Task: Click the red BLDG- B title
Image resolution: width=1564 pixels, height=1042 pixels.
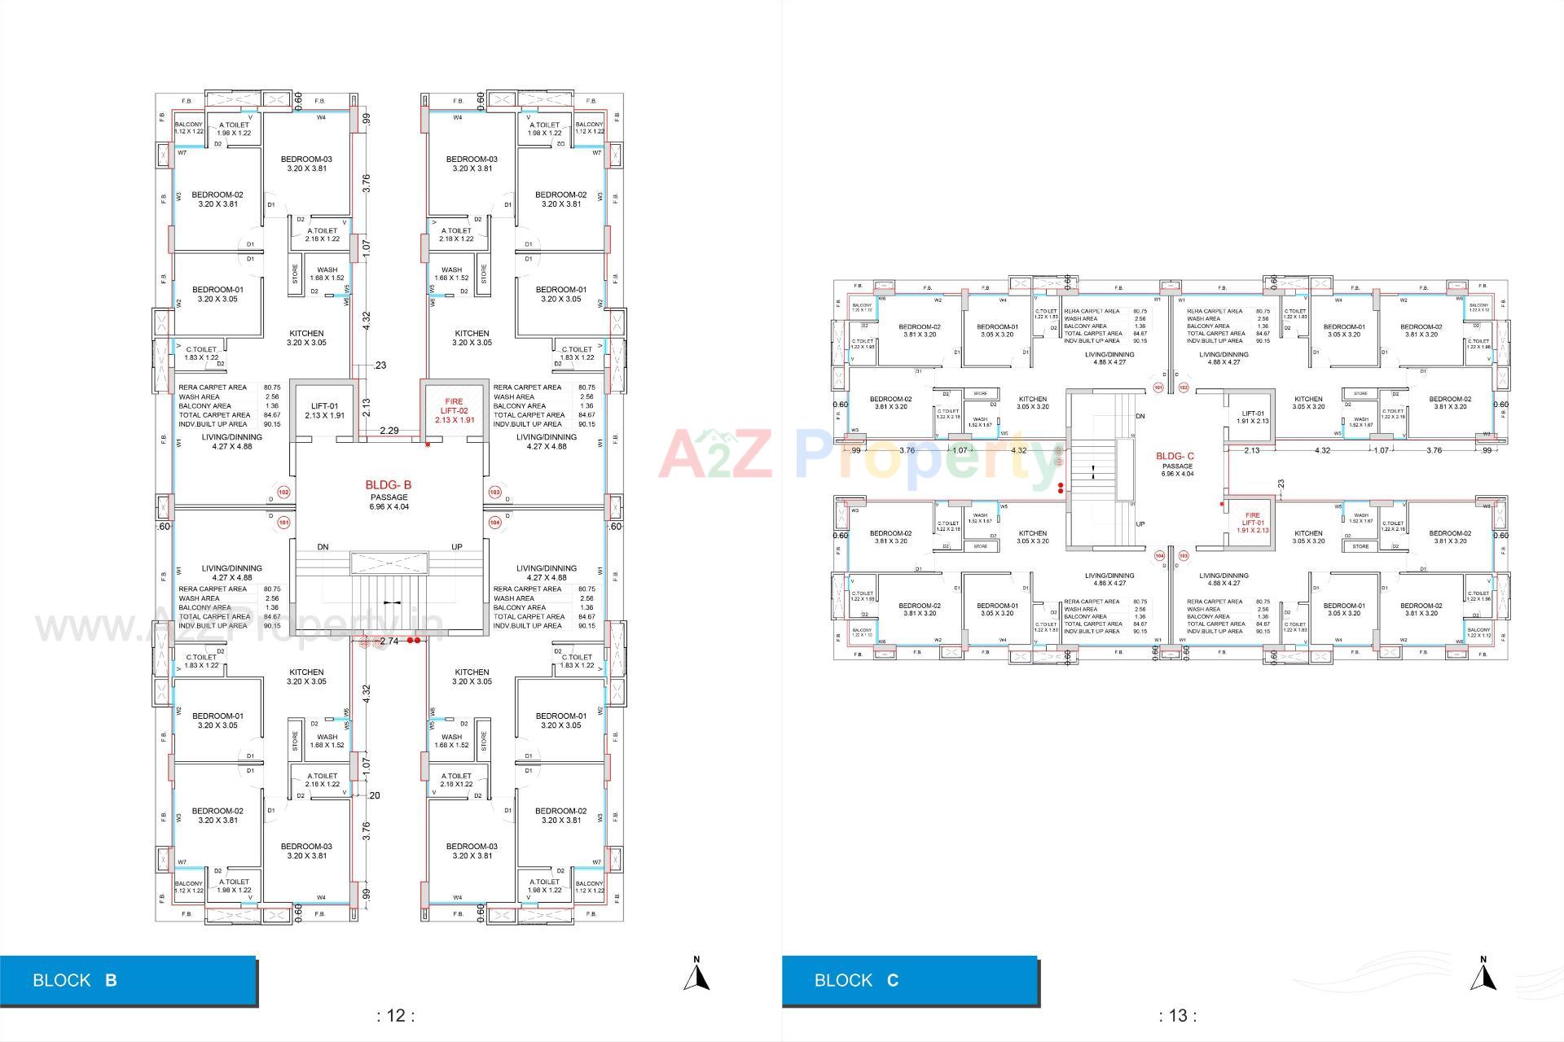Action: coord(388,485)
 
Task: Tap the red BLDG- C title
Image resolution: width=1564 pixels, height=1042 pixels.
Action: coord(1175,456)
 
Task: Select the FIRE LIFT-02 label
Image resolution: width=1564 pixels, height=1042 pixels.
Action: coord(454,411)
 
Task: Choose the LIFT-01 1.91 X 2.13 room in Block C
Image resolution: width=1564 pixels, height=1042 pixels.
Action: coord(1252,417)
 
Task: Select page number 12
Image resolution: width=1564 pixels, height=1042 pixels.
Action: coord(395,1015)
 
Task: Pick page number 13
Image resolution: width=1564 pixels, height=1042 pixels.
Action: coord(1177,1015)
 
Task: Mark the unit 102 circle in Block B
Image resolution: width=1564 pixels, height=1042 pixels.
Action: coord(283,493)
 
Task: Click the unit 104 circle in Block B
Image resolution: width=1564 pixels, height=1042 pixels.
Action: coord(494,523)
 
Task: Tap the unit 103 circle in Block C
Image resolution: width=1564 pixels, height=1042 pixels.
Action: coord(1184,556)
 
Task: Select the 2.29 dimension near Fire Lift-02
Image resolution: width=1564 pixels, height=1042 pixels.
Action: coord(389,431)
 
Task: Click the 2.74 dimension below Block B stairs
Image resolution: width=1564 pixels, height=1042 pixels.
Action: coord(389,641)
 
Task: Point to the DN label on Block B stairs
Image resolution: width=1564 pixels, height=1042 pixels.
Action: coord(323,547)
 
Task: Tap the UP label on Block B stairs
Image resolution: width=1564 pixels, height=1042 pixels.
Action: coord(456,547)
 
